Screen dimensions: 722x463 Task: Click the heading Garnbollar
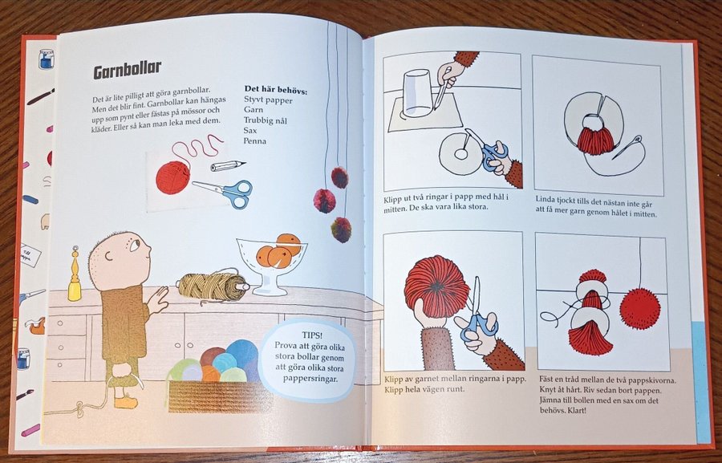click(127, 70)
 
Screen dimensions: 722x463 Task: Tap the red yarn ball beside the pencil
click(172, 177)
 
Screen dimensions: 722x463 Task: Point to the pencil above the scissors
click(228, 165)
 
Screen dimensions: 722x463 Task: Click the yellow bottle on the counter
click(75, 274)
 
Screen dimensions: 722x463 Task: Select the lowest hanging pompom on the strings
click(341, 229)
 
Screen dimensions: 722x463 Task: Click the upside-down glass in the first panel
click(418, 94)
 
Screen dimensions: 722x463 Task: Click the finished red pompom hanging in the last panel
click(640, 308)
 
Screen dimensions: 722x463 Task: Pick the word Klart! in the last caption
click(578, 409)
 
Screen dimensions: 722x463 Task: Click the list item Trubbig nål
click(266, 120)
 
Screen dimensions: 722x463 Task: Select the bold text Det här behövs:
click(276, 90)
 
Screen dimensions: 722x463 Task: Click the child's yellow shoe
click(126, 402)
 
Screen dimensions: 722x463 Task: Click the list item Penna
click(255, 141)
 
